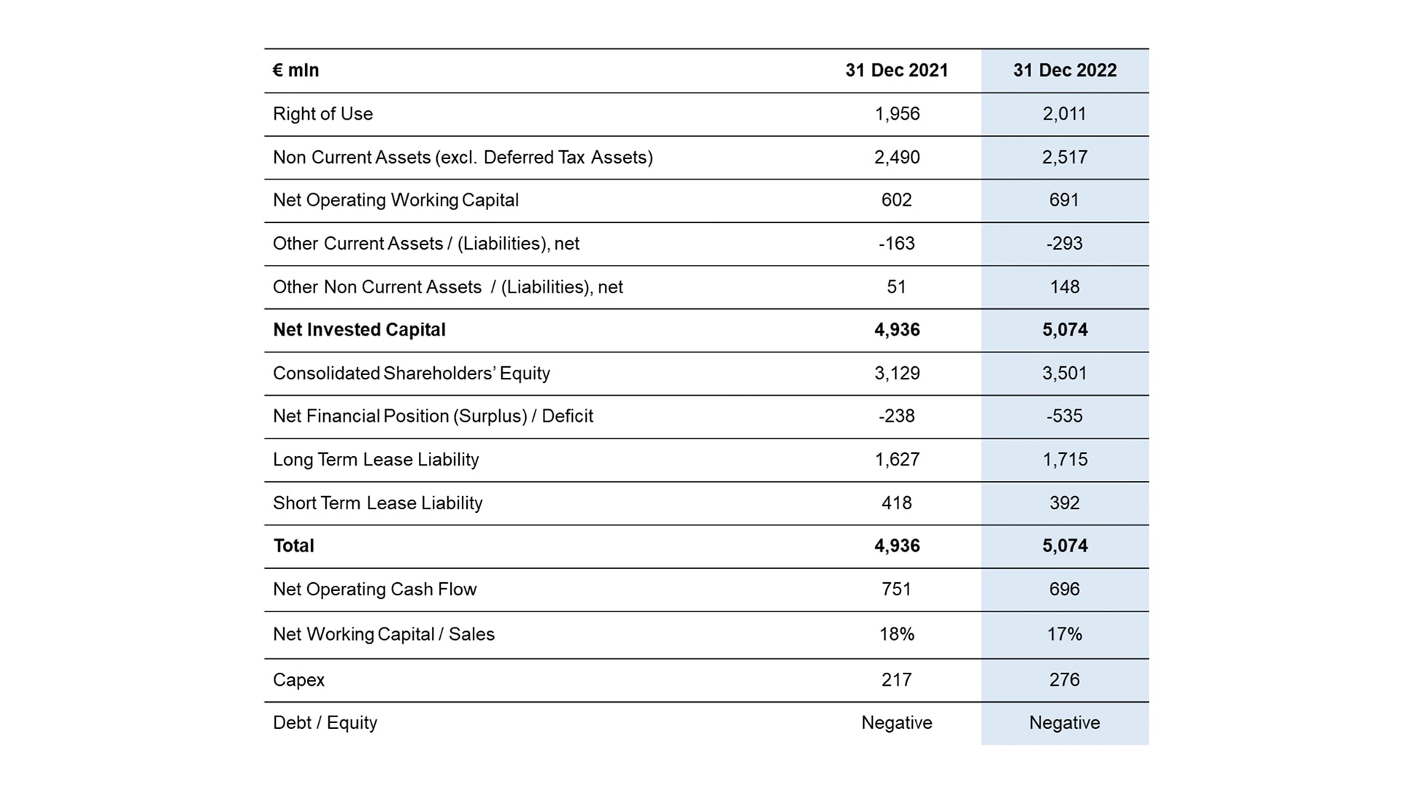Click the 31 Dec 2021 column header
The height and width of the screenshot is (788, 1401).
(x=897, y=70)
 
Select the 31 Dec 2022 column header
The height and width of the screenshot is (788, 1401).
(x=1065, y=70)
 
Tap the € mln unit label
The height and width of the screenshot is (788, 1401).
(x=296, y=70)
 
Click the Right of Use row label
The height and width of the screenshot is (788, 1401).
(x=323, y=114)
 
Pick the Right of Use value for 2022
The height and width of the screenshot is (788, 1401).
(x=1065, y=114)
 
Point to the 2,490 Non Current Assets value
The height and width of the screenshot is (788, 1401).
(x=897, y=157)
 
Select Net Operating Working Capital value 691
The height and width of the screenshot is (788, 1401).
(x=1065, y=200)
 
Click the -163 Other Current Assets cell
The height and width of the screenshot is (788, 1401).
(x=897, y=243)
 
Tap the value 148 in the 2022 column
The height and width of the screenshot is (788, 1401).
(x=1065, y=287)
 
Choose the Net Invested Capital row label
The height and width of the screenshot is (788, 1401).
(x=359, y=330)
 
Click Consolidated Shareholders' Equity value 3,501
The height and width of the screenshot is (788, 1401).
(x=1065, y=373)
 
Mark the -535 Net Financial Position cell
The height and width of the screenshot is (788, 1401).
(x=1065, y=416)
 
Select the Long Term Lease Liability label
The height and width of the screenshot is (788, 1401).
(x=376, y=460)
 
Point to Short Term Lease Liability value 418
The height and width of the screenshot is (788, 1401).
(x=897, y=503)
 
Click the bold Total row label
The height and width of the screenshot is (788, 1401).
(x=293, y=546)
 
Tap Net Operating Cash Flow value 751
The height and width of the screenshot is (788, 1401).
(x=897, y=589)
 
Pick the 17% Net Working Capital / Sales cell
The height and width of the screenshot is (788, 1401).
(x=1065, y=634)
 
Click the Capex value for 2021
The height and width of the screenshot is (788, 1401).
(x=897, y=679)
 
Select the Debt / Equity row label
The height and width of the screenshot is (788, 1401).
(x=325, y=723)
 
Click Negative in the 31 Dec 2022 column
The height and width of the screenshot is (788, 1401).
(x=1065, y=722)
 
